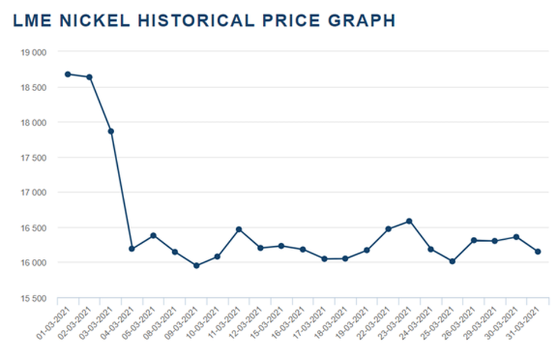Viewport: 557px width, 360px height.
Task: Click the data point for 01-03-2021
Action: tap(68, 74)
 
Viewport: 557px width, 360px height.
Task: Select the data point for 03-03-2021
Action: tap(111, 131)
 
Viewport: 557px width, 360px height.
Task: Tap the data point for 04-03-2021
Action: tap(132, 249)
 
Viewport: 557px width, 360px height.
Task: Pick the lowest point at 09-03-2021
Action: tap(196, 265)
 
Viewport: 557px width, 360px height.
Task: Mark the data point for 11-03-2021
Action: tap(239, 229)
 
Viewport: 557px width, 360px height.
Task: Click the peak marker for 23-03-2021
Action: tap(410, 221)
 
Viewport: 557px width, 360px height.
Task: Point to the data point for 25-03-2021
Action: tap(453, 261)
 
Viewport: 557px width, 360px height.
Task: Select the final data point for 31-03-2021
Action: tap(538, 251)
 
